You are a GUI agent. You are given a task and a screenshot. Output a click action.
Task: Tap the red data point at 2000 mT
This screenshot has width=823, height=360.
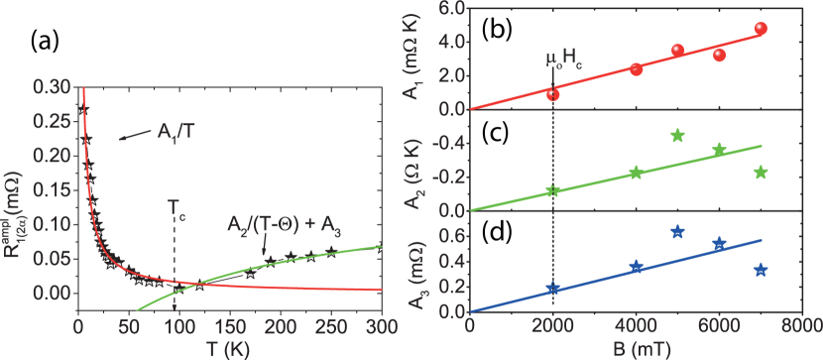[553, 94]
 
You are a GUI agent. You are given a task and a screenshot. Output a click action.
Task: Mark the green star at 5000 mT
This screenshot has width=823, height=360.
[678, 135]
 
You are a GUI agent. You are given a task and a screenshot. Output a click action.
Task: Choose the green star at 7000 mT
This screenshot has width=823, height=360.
[761, 172]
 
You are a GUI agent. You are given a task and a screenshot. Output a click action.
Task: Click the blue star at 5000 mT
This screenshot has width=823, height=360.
[678, 231]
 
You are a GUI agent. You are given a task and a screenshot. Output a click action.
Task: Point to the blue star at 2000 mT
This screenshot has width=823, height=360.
[553, 289]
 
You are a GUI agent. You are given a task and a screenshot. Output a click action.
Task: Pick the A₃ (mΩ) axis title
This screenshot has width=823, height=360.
[416, 263]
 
